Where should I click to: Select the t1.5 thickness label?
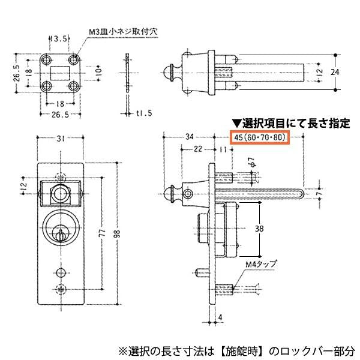pyautogui.click(x=143, y=113)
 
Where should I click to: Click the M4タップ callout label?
pyautogui.click(x=259, y=263)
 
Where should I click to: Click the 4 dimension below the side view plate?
pyautogui.click(x=220, y=317)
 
